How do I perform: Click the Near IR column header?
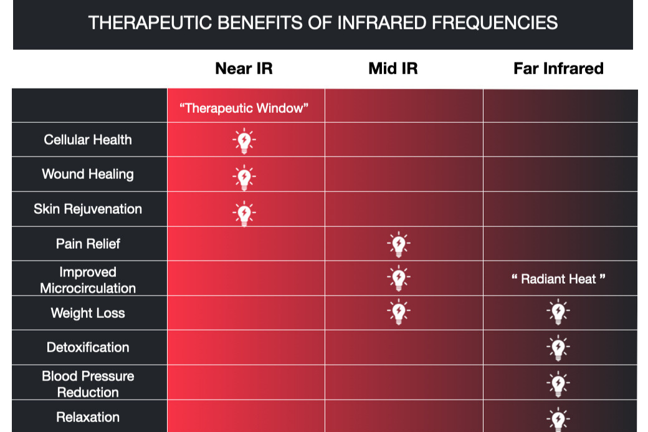(x=244, y=68)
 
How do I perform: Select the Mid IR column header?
(x=393, y=68)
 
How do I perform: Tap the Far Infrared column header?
(x=558, y=68)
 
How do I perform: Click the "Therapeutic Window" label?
(x=244, y=108)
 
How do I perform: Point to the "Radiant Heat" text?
(x=558, y=279)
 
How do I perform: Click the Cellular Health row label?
(x=88, y=140)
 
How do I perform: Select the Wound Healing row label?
(x=88, y=174)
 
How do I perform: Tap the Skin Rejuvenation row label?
(x=88, y=209)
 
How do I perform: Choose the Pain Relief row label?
(x=88, y=244)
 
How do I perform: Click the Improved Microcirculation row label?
(x=88, y=280)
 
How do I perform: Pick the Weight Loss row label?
(x=88, y=313)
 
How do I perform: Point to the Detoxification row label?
(x=88, y=347)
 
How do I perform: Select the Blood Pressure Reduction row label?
(x=88, y=384)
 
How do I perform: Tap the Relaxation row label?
(x=88, y=417)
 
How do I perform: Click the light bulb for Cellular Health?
(x=244, y=140)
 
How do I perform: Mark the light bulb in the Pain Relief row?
(x=399, y=244)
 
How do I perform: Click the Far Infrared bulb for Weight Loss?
(x=558, y=311)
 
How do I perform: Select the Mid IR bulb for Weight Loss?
(x=399, y=311)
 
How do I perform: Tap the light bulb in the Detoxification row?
(x=558, y=348)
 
